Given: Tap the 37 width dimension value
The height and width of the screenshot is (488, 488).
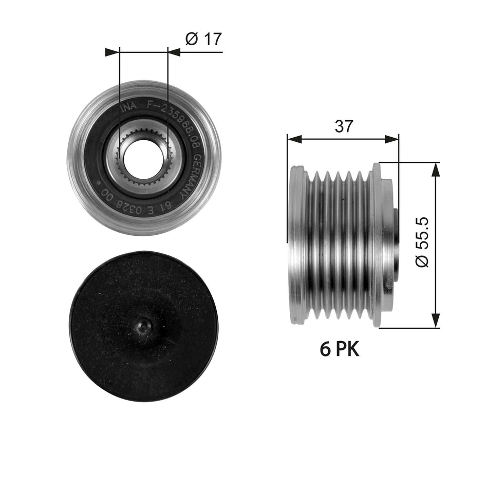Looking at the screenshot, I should coord(343,126).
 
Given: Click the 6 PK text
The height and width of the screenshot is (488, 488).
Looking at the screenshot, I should coord(340,349).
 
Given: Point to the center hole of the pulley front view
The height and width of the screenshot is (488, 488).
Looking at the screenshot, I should coord(143,157).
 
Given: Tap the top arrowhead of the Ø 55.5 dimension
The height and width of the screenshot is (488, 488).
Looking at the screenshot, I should coord(436,169).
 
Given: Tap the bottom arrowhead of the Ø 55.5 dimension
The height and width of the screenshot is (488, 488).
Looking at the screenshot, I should coord(436,321).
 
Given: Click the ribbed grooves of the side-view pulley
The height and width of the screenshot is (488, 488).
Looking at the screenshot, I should coord(339,244).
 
